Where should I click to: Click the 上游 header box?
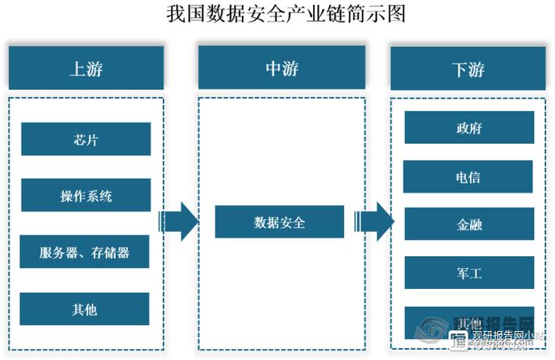(86, 68)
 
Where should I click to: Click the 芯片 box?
(85, 140)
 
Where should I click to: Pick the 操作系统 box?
(85, 195)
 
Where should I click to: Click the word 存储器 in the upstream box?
(110, 252)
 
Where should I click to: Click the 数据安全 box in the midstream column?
(279, 223)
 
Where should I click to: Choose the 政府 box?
(468, 128)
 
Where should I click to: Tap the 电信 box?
(468, 177)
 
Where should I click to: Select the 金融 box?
(468, 225)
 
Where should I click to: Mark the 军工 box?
(468, 273)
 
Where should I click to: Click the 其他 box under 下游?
(468, 322)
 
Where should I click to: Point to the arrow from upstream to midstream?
(179, 222)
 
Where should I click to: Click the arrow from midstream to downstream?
(373, 222)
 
